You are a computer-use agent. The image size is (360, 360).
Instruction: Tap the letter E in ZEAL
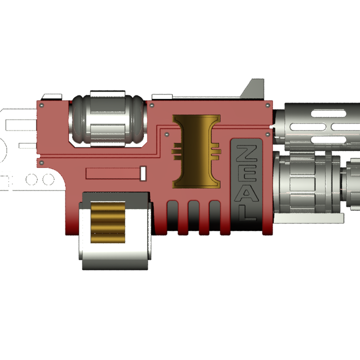[x=246, y=172]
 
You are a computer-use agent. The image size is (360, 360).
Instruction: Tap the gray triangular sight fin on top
[x=255, y=89]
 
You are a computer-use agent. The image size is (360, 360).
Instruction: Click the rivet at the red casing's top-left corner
[x=42, y=105]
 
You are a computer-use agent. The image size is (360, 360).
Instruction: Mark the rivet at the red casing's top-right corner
[x=268, y=105]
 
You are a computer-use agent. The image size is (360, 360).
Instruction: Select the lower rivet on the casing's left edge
[x=42, y=162]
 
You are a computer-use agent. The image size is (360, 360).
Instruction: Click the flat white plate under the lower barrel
[x=310, y=218]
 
